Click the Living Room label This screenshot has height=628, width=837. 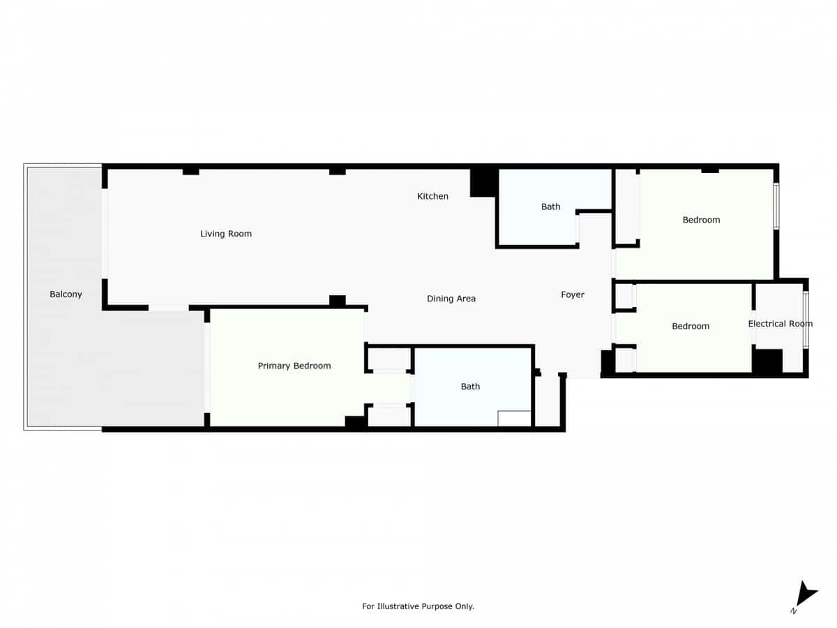coord(226,234)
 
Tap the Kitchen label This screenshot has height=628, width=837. coord(432,196)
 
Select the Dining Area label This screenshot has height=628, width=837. coord(451,299)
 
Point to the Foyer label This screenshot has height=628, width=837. coord(573,295)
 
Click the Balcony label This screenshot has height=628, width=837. coord(66,294)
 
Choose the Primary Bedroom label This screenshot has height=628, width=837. coord(294,366)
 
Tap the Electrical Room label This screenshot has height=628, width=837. coord(780,324)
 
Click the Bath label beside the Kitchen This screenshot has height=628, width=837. coord(550,207)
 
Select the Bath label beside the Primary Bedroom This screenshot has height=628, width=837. coord(470,387)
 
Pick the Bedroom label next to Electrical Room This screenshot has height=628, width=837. coord(691,326)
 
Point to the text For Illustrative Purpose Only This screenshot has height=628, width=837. coord(418,606)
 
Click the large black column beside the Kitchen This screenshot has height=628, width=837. coord(483,183)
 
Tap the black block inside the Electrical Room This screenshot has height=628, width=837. coord(767,361)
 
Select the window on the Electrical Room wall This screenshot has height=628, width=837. coord(805,320)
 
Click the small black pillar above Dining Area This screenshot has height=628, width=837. coord(338,301)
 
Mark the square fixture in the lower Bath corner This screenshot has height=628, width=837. coord(515,418)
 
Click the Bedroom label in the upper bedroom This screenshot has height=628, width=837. coord(701,220)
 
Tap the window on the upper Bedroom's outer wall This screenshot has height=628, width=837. coord(776,206)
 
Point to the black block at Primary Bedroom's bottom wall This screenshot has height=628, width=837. coord(356,421)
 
